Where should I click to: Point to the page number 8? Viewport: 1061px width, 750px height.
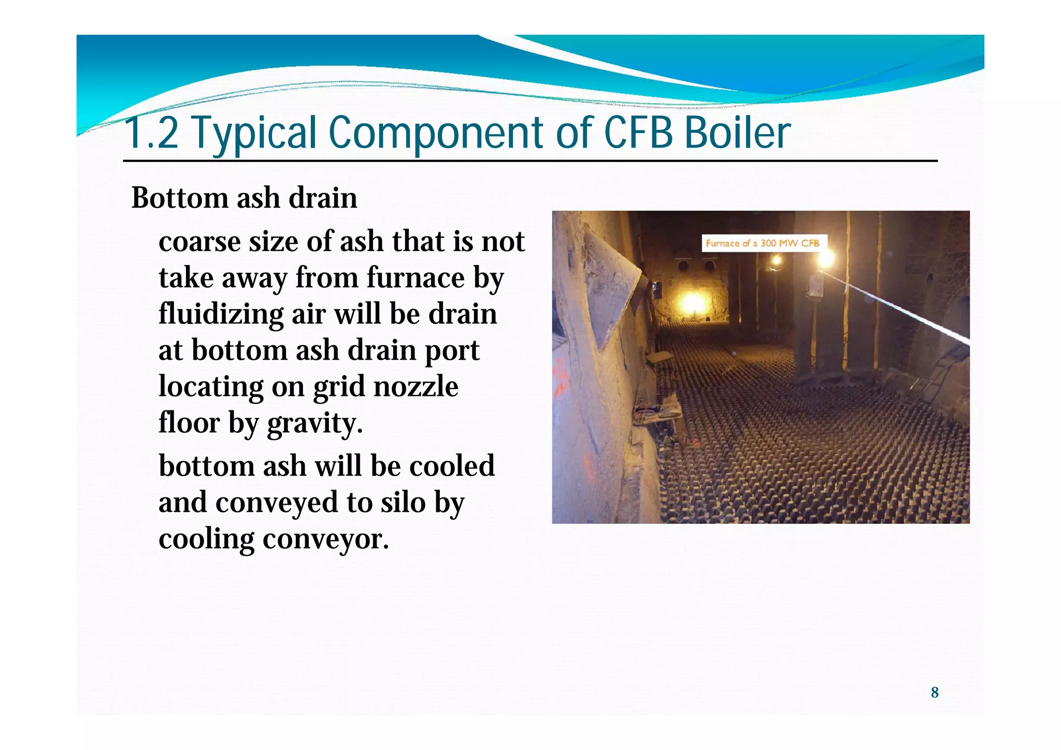935,693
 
